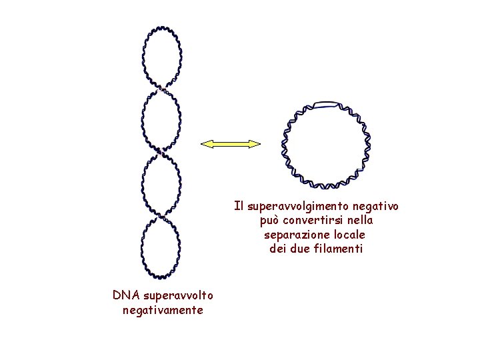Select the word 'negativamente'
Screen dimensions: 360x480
point(163,310)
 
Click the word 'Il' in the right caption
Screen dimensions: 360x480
point(238,206)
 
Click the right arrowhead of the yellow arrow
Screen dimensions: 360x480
point(256,143)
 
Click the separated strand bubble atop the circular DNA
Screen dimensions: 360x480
point(327,104)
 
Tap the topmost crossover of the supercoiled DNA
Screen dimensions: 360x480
point(161,87)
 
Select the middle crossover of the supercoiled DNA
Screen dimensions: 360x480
point(161,153)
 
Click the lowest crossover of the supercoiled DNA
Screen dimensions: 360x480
point(161,217)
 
